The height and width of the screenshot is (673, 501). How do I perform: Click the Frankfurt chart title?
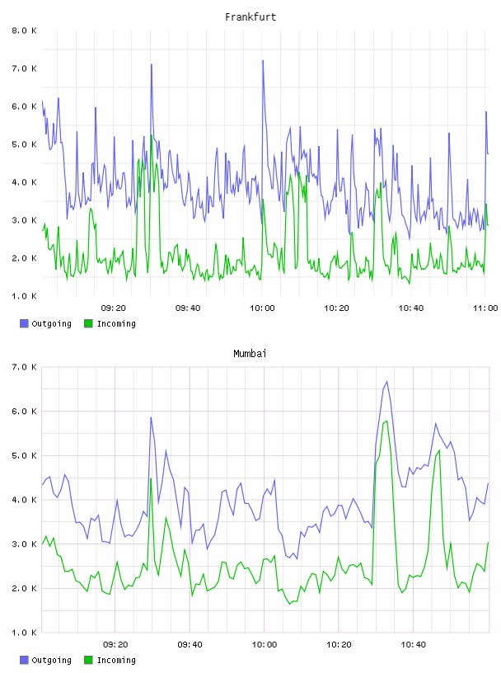[250, 17]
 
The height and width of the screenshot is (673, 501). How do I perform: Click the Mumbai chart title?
[250, 354]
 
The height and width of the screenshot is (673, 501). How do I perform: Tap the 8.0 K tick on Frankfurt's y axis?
[24, 31]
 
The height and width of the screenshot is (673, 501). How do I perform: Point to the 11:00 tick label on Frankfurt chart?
[485, 308]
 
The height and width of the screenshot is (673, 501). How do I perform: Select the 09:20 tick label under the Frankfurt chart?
[113, 308]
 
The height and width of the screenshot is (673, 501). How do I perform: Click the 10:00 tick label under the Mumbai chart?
[265, 644]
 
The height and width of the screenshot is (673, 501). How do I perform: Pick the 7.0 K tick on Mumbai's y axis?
[24, 367]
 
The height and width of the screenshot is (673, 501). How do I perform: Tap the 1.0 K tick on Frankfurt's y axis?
[24, 296]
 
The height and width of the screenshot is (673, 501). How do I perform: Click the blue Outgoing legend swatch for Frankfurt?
[24, 323]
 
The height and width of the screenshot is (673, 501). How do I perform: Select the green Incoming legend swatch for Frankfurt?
[88, 323]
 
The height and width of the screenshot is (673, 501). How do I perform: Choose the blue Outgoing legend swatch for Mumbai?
[24, 660]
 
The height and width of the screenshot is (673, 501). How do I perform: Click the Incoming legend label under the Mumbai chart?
[116, 660]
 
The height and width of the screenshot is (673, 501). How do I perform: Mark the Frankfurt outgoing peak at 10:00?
[263, 60]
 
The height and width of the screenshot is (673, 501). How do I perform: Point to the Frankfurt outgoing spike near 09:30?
[152, 64]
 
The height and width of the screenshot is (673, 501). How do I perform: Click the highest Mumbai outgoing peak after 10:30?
[387, 381]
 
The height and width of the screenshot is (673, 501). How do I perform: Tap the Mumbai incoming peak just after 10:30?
[387, 421]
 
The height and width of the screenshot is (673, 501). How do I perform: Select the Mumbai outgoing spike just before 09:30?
[151, 417]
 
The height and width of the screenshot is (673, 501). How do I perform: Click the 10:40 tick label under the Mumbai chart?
[413, 644]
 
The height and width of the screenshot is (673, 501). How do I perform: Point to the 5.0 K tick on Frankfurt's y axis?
[24, 144]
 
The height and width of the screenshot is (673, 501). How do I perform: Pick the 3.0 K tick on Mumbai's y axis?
[24, 544]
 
